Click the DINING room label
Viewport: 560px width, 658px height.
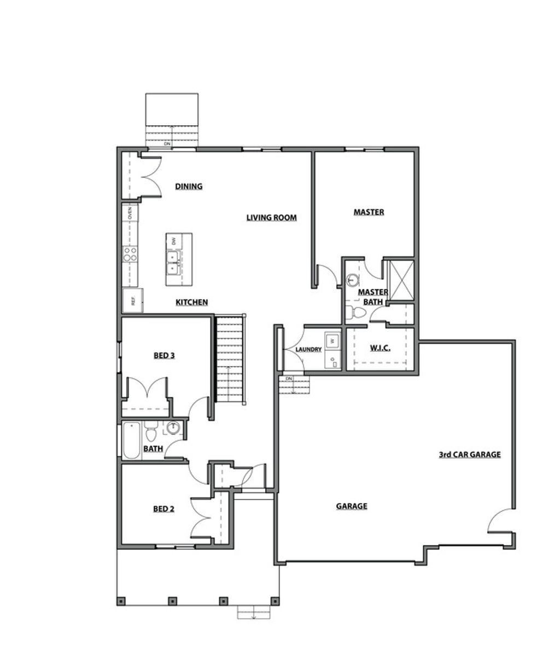coord(189,186)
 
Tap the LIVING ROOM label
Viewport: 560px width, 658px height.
coord(271,218)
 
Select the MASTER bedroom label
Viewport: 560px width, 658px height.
coord(369,212)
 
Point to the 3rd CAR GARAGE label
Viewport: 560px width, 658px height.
coord(470,454)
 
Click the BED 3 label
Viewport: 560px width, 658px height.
coord(164,356)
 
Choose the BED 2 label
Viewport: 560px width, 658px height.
coord(164,509)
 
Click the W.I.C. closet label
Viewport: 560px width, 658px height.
coord(380,348)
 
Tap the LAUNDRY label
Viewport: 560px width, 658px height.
coord(308,350)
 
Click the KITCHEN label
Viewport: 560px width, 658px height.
coord(191,302)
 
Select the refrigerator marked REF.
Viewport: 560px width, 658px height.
coord(132,300)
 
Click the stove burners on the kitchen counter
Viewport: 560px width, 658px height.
coord(130,253)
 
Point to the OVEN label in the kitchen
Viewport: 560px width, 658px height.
coord(130,213)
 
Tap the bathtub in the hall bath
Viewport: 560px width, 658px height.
coord(131,440)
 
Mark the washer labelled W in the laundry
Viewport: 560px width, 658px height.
coord(332,341)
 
